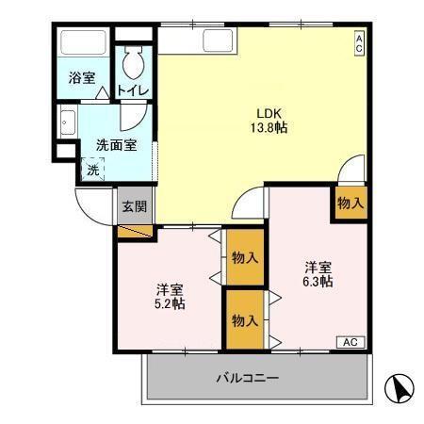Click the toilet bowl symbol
[134, 62]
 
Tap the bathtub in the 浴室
[83, 42]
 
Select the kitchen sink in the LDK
[218, 41]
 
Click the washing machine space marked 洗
[92, 170]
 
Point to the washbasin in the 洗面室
[68, 122]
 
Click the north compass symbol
[400, 388]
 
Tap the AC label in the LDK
[359, 43]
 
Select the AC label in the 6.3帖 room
[351, 342]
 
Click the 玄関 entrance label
[135, 206]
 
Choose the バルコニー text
[247, 378]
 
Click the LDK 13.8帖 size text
[269, 121]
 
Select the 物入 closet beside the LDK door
[351, 203]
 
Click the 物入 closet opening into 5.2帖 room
[245, 257]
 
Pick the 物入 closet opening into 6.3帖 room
[245, 319]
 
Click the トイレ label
[133, 90]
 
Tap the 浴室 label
[82, 77]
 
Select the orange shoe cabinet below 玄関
[135, 231]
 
